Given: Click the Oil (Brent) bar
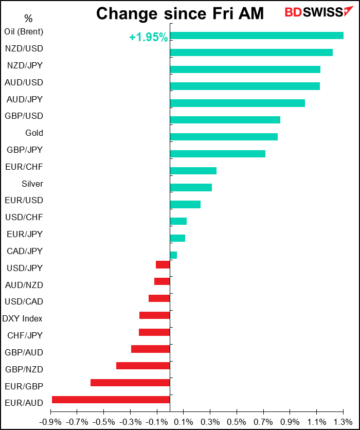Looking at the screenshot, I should tap(256, 35).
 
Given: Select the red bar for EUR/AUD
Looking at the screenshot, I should tap(111, 400).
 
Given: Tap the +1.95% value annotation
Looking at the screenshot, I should tap(148, 38).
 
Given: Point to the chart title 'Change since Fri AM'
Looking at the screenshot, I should tap(180, 14).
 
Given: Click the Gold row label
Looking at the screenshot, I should tap(34, 133).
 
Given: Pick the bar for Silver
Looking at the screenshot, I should tap(190, 187).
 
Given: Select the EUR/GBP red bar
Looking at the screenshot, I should tap(130, 383).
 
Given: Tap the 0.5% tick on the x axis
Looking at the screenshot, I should tap(237, 422).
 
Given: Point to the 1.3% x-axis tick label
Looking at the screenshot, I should tap(343, 422).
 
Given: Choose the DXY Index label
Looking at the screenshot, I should tap(23, 319).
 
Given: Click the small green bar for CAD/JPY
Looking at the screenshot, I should tap(173, 255).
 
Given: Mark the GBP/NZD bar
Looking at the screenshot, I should tap(142, 366).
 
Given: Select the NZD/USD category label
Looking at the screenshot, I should tap(24, 49).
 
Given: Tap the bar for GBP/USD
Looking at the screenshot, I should tap(225, 120).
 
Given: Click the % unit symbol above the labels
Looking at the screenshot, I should tap(28, 19).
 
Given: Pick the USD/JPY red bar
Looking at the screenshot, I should tap(163, 264).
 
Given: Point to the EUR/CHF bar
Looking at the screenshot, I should tap(193, 171).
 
